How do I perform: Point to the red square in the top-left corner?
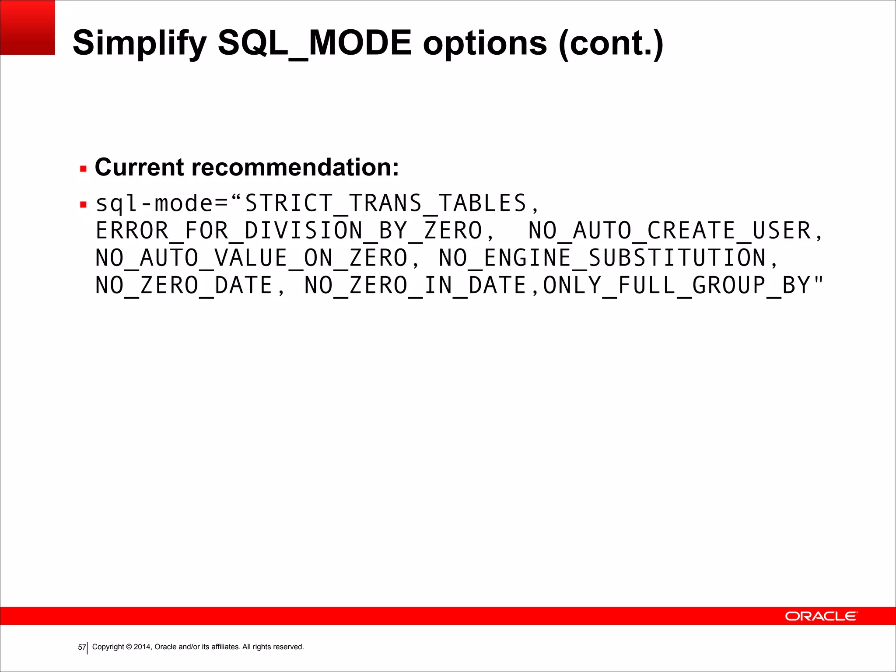coord(27,27)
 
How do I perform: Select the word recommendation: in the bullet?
coord(295,167)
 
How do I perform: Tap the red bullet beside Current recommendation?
coord(84,169)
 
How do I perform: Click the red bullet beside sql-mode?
coord(84,204)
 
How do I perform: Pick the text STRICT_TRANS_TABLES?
coord(385,203)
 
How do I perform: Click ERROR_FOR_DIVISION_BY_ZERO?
coord(289,231)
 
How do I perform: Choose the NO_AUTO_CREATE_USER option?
coord(670,231)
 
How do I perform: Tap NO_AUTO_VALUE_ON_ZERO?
coord(252,258)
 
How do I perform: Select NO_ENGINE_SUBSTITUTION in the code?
coord(602,258)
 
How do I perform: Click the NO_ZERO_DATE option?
coord(184,285)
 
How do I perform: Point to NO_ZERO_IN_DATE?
coord(415,285)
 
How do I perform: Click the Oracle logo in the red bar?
coord(821,616)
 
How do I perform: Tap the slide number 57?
coord(82,647)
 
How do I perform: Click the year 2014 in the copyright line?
coord(142,647)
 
